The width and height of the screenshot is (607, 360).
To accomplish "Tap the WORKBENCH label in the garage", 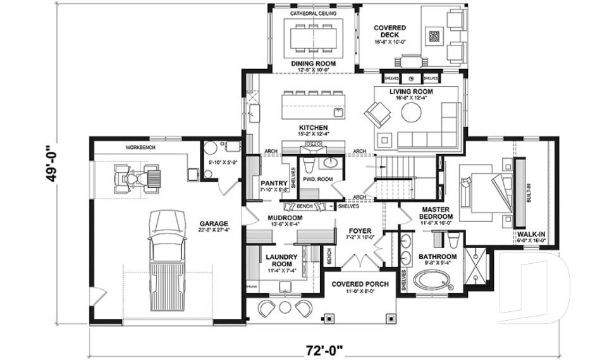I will [x=140, y=147].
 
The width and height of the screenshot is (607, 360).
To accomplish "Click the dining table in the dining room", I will [x=313, y=38].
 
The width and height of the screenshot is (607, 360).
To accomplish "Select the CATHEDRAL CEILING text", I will [x=313, y=13].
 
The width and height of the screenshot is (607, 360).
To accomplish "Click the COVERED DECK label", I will [x=389, y=32].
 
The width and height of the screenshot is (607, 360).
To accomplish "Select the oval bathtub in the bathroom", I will [x=434, y=280].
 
